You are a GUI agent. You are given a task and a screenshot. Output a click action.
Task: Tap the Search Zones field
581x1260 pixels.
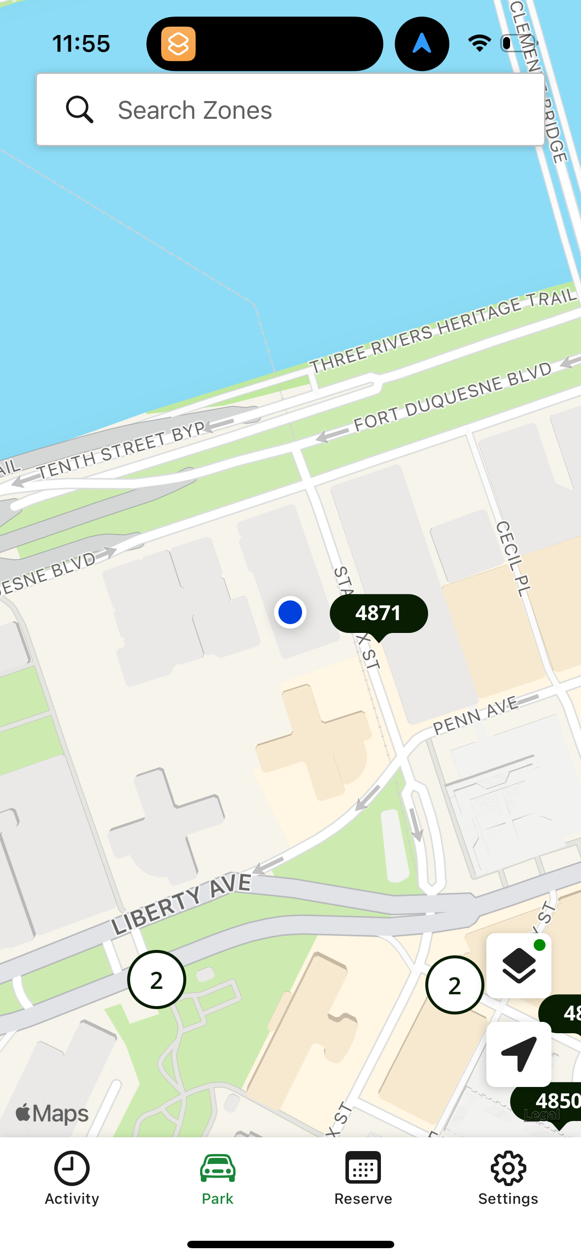pos(291,110)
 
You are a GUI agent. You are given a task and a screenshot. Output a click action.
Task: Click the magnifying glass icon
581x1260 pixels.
pos(79,109)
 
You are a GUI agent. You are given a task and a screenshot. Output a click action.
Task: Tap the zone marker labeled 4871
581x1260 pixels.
pos(378,614)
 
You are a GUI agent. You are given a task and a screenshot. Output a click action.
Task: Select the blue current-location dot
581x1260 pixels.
pos(290,612)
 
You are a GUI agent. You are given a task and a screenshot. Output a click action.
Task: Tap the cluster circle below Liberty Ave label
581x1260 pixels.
pos(157,980)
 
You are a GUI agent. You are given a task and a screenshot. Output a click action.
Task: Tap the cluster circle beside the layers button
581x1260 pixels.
pos(454,985)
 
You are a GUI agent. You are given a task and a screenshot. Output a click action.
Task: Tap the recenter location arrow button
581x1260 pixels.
pos(518,1053)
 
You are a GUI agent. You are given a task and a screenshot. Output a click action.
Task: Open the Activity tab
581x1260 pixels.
pos(72,1178)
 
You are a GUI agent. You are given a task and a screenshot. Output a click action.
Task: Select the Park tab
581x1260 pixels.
pos(217,1178)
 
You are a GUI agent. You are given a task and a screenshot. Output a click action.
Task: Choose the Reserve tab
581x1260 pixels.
pos(363,1178)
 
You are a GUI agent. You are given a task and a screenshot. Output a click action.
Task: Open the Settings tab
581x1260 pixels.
pos(508,1178)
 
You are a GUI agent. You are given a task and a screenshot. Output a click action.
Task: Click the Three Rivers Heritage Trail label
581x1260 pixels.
pos(443,331)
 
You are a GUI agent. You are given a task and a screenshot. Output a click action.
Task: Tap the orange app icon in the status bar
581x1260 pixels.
pos(178,44)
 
